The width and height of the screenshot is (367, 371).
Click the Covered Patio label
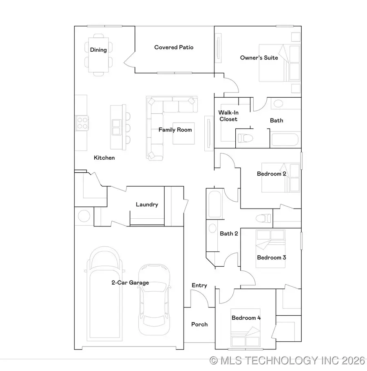pos(174,47)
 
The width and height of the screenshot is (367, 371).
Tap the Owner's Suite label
pos(259,58)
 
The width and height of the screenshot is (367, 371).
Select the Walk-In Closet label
pos(228,116)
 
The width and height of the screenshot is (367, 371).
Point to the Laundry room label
pos(147,204)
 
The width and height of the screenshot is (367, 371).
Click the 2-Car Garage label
pos(130,283)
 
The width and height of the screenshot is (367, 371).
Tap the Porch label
pos(199,324)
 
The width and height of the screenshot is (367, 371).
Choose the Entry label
pos(199,285)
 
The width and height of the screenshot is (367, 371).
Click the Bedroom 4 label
pos(246,318)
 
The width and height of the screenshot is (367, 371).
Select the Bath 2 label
pos(229,233)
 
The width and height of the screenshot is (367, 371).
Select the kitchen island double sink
pos(116,127)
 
